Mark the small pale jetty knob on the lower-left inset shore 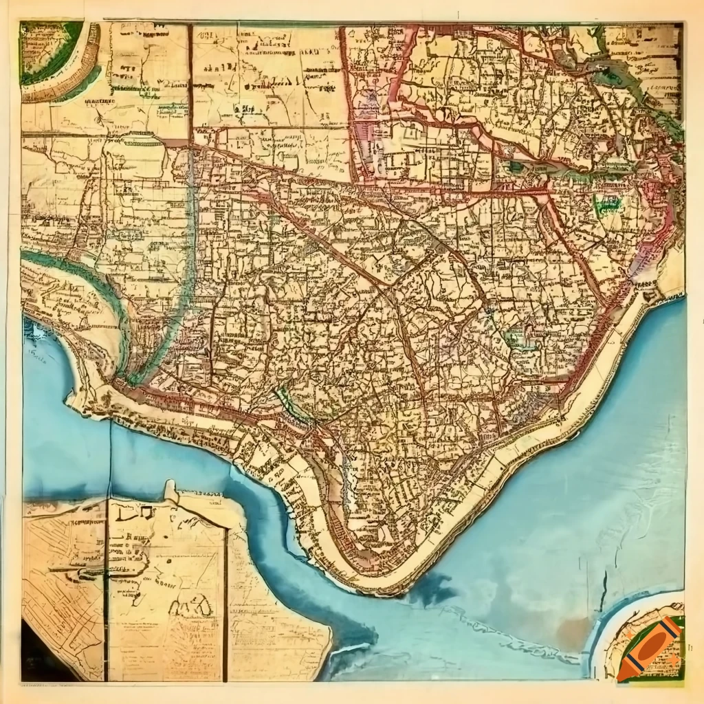point(170,489)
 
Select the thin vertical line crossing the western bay point(110,454)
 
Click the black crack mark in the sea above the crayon point(604,591)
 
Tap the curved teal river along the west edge point(89,282)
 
